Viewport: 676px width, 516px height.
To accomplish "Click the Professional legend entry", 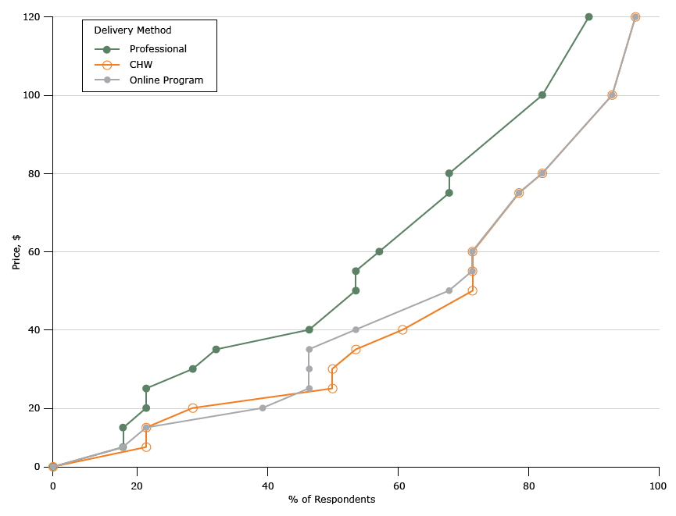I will (x=157, y=49).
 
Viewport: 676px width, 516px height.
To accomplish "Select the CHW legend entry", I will (x=141, y=65).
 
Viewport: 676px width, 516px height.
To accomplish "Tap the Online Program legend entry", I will (x=166, y=80).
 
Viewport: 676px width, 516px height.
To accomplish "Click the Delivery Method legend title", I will (x=133, y=30).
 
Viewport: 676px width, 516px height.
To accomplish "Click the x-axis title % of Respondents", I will (x=331, y=500).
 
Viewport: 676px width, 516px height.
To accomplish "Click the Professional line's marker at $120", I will (x=588, y=17).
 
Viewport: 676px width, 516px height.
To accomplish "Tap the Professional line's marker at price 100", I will (x=542, y=95).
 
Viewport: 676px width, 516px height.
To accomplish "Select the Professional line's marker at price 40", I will (x=309, y=330).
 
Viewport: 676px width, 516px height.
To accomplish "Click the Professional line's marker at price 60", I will (x=379, y=251).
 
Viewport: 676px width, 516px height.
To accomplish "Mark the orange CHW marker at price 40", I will (x=402, y=330).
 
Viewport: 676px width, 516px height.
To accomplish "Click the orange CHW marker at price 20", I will (x=193, y=408).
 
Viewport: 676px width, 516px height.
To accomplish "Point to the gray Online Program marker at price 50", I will (x=449, y=290).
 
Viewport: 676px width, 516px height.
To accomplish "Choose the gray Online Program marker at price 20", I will (x=263, y=408).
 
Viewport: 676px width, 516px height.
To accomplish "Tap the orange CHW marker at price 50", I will (x=472, y=290).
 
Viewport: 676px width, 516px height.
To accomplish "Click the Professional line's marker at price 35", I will (x=216, y=350).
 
